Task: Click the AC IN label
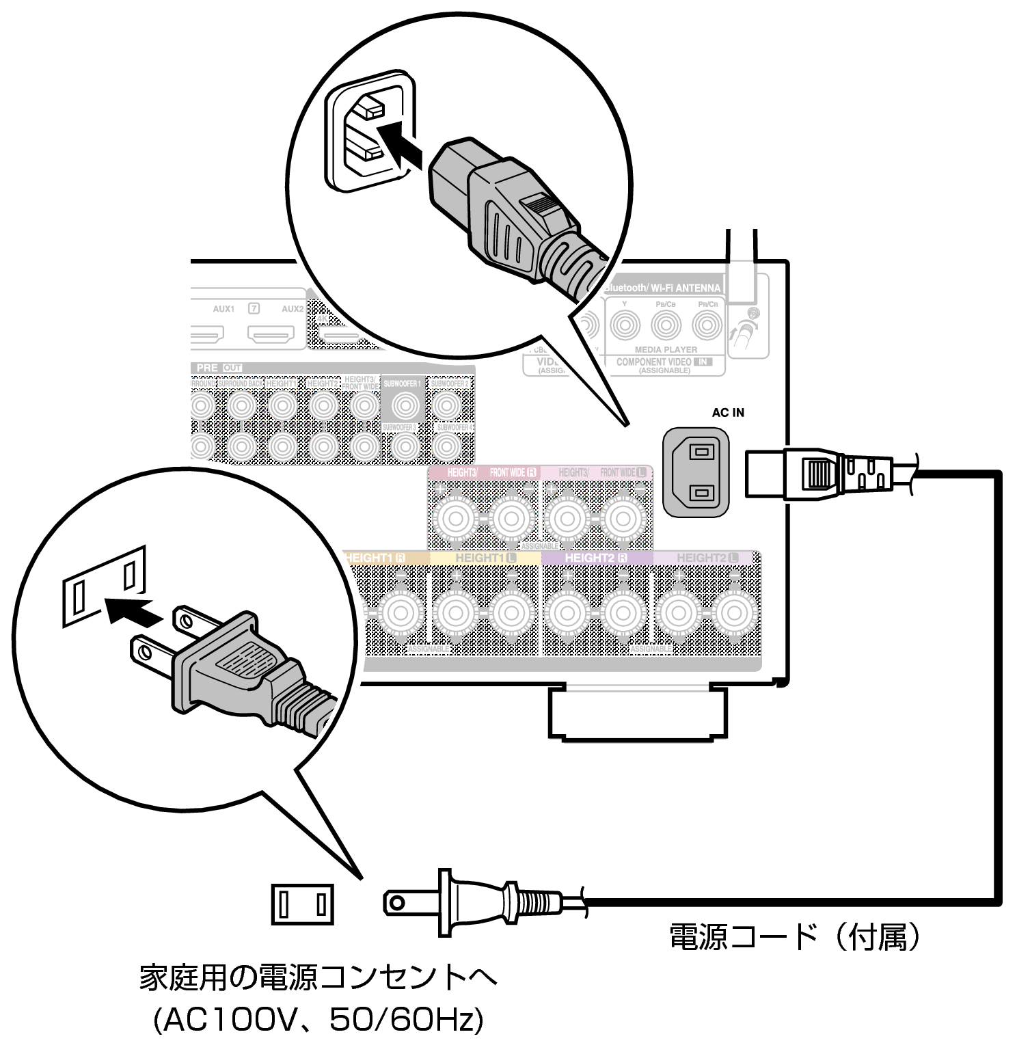[x=728, y=412]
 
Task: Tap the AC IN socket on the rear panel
[x=696, y=472]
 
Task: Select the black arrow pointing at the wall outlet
[x=134, y=610]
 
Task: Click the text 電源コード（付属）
[x=794, y=937]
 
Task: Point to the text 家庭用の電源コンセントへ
[x=318, y=978]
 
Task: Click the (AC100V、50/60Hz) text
[x=318, y=1020]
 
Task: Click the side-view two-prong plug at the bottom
[x=478, y=902]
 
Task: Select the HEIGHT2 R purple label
[x=595, y=558]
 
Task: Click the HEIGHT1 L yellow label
[x=486, y=558]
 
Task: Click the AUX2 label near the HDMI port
[x=293, y=309]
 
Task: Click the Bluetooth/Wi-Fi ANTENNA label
[x=662, y=288]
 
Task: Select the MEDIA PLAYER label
[x=666, y=349]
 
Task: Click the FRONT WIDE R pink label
[x=513, y=472]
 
